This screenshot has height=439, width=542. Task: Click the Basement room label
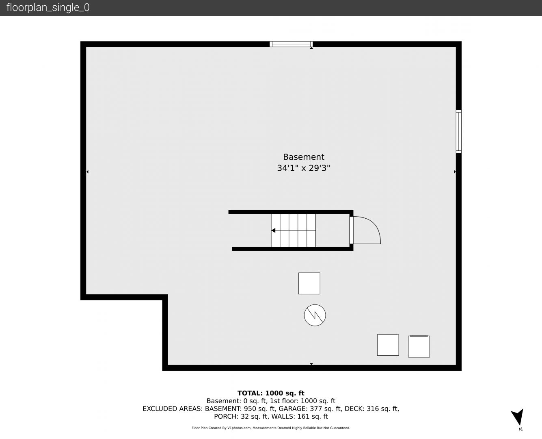tap(304, 156)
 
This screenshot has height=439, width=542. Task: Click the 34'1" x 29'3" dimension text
tap(304, 168)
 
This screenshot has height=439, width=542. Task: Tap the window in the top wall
tap(291, 44)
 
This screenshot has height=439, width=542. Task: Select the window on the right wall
tap(458, 132)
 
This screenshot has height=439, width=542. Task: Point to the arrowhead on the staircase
tap(273, 230)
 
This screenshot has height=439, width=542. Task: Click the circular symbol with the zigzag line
tap(315, 315)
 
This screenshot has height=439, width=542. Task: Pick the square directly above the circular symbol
tap(309, 283)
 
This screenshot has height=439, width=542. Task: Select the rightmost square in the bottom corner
tap(419, 346)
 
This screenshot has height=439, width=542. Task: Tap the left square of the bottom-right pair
tap(388, 345)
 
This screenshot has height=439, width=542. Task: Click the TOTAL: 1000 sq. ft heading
tap(271, 393)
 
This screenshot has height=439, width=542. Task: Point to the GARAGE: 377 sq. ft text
tap(310, 409)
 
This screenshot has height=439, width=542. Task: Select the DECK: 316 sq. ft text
tap(372, 409)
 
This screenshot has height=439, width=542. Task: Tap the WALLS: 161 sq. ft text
tap(300, 417)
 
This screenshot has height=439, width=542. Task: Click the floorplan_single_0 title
tap(48, 8)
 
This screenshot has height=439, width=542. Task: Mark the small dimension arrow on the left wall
tap(87, 172)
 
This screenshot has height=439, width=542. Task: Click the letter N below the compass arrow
tap(520, 429)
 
